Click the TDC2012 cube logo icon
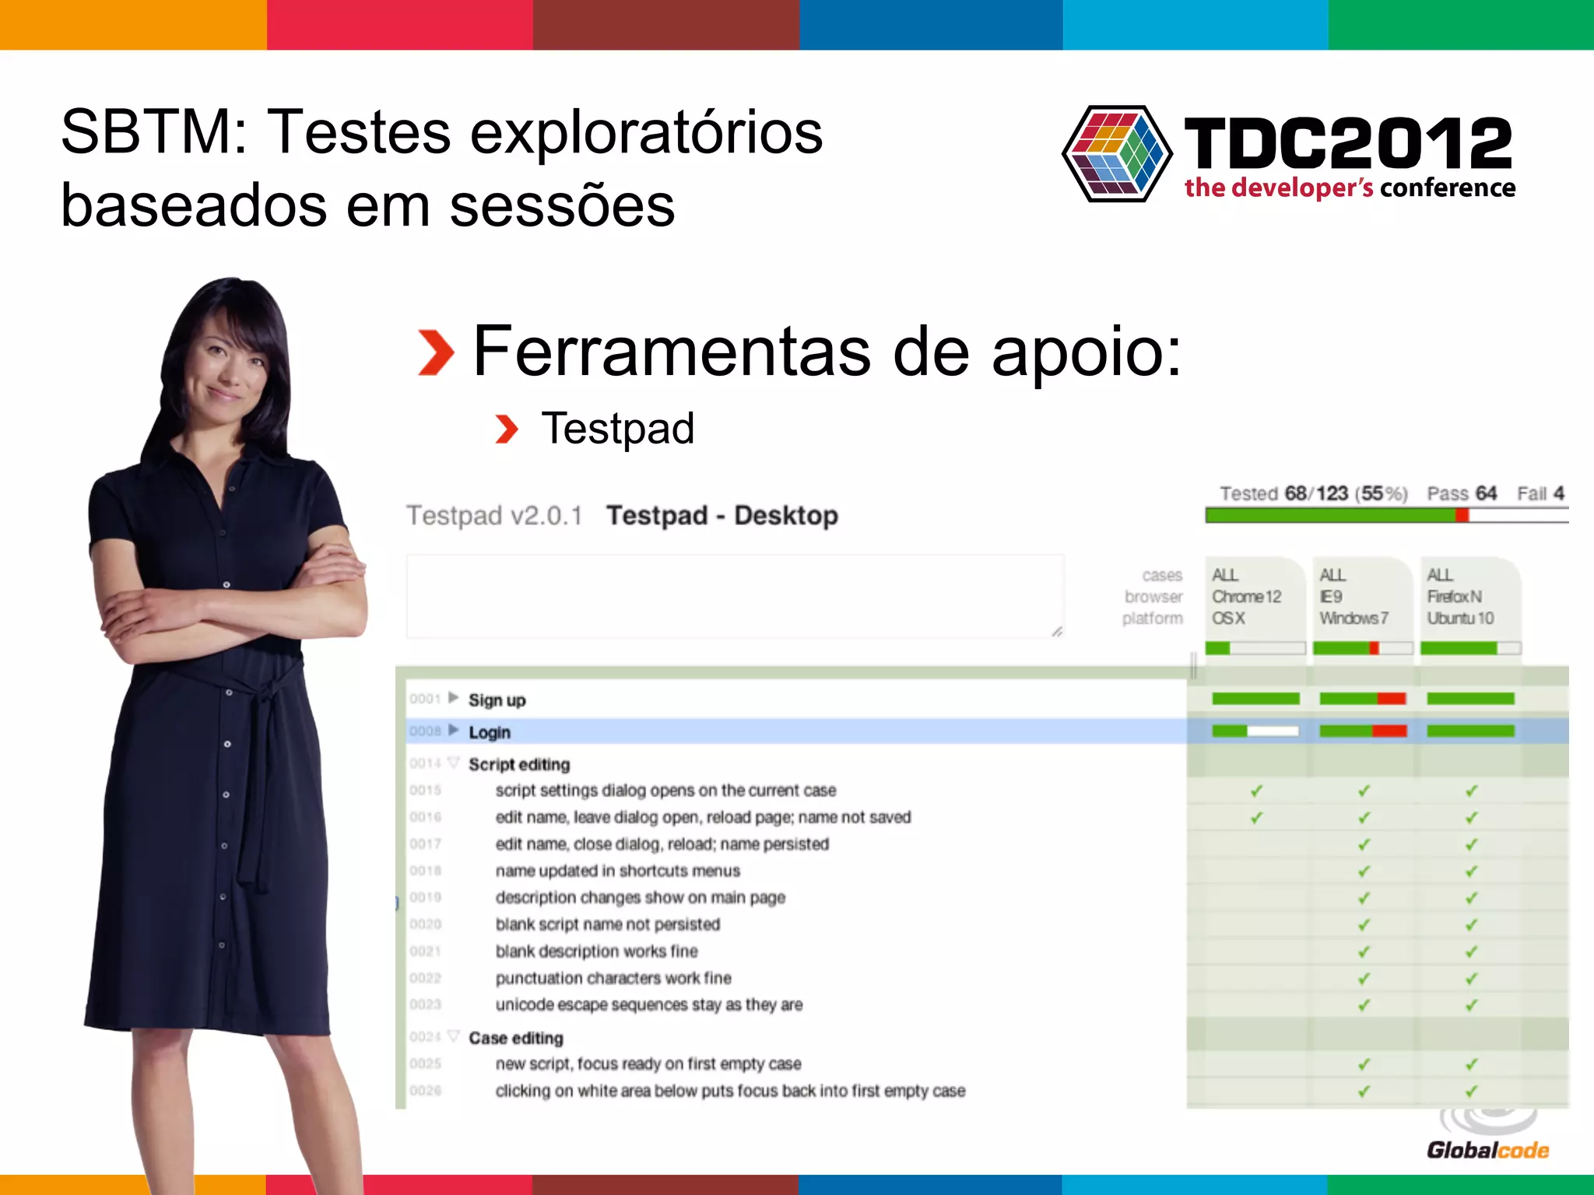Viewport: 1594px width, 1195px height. pyautogui.click(x=1117, y=154)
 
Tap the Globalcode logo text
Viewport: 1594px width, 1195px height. pyautogui.click(x=1487, y=1150)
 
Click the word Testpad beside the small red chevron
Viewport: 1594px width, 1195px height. pyautogui.click(x=618, y=429)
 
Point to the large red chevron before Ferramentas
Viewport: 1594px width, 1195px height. pyautogui.click(x=436, y=352)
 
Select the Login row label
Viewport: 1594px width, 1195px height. pyautogui.click(x=490, y=732)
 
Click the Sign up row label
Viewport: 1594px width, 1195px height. pyautogui.click(x=497, y=700)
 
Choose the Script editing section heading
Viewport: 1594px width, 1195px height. pyautogui.click(x=519, y=764)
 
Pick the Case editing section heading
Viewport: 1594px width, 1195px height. pyautogui.click(x=515, y=1038)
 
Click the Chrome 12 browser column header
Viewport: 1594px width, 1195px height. pyautogui.click(x=1246, y=597)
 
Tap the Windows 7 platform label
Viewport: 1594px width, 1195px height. pyautogui.click(x=1353, y=619)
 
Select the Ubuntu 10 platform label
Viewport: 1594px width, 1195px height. pyautogui.click(x=1460, y=619)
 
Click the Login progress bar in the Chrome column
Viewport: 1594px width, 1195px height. pyautogui.click(x=1255, y=731)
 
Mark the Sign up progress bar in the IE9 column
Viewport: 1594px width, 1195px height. pyautogui.click(x=1363, y=699)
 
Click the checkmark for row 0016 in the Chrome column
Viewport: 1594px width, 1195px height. pyautogui.click(x=1256, y=818)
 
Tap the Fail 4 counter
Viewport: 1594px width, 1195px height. pyautogui.click(x=1540, y=493)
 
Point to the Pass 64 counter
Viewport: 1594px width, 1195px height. pyautogui.click(x=1461, y=493)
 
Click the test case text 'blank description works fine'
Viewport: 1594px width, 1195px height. pyautogui.click(x=596, y=951)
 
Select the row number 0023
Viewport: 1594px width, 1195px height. pyautogui.click(x=426, y=1004)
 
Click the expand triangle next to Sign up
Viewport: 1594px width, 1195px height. pyautogui.click(x=453, y=698)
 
